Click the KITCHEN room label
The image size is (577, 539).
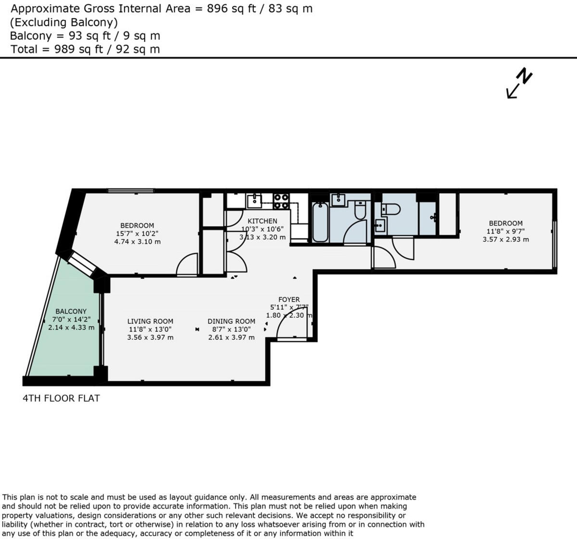pos(262,221)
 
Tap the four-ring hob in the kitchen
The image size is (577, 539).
pos(281,201)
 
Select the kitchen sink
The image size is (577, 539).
pos(253,200)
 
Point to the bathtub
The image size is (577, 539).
pos(320,222)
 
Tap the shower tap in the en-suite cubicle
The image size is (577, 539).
pos(434,218)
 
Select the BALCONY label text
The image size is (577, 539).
pos(71,311)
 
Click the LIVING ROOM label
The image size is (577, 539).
pos(150,321)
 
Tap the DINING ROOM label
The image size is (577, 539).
pos(231,321)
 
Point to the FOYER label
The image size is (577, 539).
pos(289,299)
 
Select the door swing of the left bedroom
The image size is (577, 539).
pos(188,266)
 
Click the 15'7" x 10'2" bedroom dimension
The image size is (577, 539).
pos(137,233)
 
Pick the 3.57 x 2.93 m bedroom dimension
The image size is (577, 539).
pos(505,239)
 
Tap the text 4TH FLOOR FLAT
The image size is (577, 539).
pos(61,398)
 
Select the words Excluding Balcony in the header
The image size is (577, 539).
pos(63,22)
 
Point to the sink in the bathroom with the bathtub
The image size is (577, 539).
pos(339,200)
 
